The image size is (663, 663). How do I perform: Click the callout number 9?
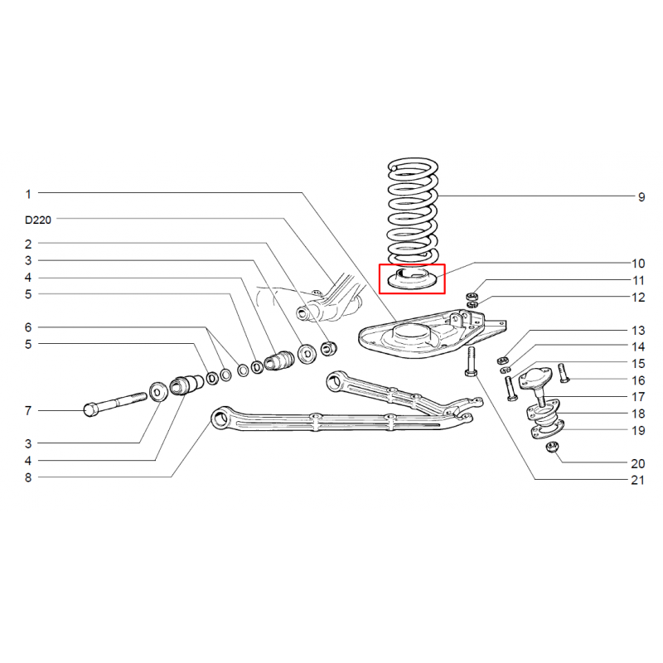click(x=641, y=197)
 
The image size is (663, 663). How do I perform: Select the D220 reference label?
click(x=38, y=220)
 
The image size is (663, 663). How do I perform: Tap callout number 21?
click(x=637, y=481)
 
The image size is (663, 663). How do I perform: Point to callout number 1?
click(x=28, y=195)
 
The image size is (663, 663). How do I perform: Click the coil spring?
click(x=413, y=212)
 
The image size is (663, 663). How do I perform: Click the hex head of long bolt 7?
click(x=90, y=409)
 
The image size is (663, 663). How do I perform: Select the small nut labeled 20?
click(x=552, y=447)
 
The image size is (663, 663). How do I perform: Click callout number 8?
click(x=28, y=478)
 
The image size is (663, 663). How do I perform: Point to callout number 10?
click(x=638, y=264)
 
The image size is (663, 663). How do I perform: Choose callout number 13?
click(x=638, y=331)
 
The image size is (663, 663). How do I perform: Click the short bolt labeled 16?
click(x=564, y=373)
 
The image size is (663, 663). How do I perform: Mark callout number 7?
click(x=28, y=411)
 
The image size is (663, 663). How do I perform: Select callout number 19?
click(x=638, y=431)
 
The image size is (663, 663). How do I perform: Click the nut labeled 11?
click(x=472, y=295)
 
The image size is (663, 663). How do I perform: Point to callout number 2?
click(x=28, y=244)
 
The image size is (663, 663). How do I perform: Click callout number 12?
click(x=638, y=298)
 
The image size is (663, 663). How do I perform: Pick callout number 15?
click(x=638, y=364)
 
